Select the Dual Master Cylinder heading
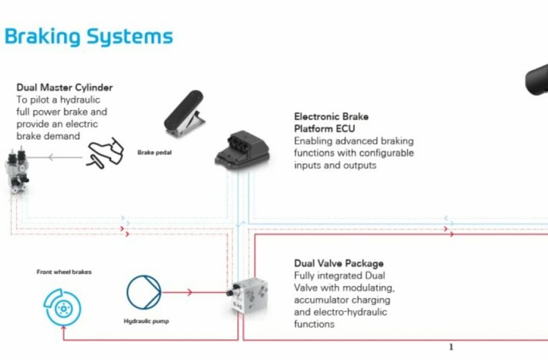[64, 87]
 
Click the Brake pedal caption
[154, 152]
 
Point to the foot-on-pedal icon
[103, 154]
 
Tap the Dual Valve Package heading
[338, 263]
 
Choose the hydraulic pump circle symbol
[144, 292]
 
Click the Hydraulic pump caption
[146, 321]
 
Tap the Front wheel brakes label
[64, 272]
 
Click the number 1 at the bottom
[451, 347]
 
